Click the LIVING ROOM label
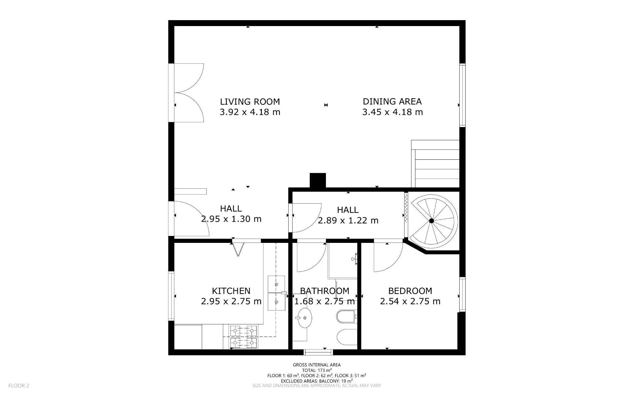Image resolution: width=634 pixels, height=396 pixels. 250,101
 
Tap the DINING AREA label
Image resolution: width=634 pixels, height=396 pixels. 392,101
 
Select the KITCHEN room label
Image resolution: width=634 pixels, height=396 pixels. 231,291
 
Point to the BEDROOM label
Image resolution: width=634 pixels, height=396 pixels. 410,291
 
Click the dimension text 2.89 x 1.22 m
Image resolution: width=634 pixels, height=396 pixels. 348,220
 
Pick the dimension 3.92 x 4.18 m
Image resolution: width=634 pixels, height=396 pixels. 250,112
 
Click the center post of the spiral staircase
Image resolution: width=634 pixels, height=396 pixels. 431,221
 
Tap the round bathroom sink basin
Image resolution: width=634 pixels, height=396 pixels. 304,318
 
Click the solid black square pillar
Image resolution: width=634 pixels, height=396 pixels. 318,181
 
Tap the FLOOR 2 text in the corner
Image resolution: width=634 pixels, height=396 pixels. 19,385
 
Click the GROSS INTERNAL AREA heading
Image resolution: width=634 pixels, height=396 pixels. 317,365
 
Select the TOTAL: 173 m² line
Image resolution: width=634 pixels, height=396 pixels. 317,370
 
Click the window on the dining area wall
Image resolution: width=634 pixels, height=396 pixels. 462,95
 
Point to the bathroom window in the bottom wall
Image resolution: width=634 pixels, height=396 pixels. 318,352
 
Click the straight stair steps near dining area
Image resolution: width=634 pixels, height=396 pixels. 435,164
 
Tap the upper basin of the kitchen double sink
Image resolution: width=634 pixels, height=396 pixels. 276,284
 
